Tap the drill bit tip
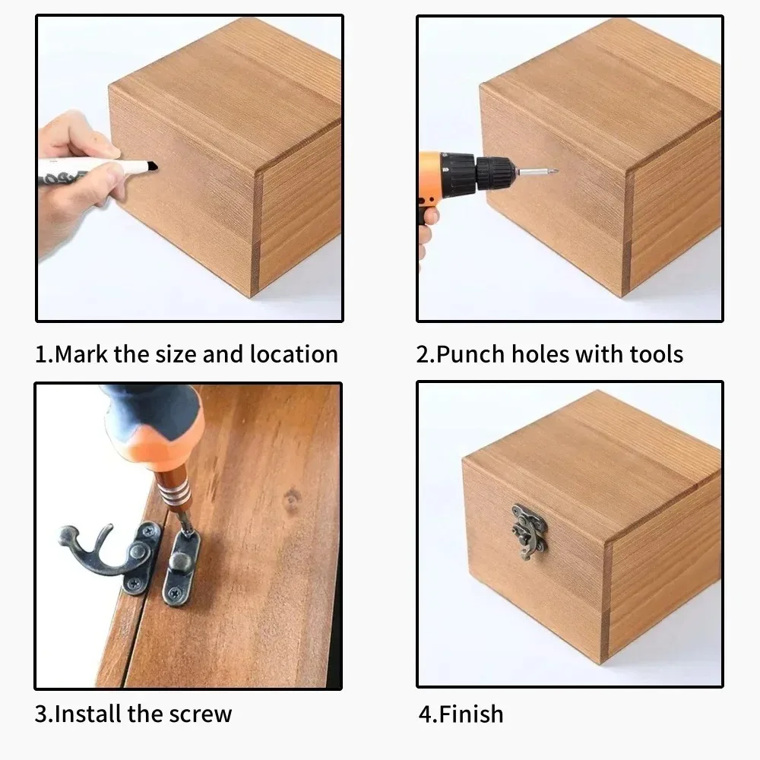556,171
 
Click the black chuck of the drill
495,171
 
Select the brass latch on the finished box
529,531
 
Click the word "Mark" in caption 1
81,354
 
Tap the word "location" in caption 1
293,354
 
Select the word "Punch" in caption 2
470,354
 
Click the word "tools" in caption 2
657,354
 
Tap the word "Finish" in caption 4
471,714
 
